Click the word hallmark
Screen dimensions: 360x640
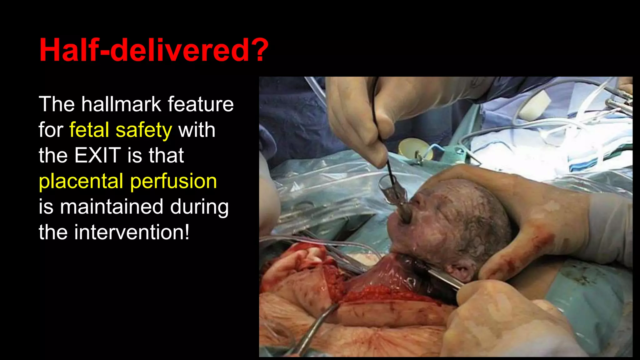121,104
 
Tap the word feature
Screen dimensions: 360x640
200,104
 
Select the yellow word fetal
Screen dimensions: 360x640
89,130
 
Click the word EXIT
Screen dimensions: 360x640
97,155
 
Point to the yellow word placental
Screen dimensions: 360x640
81,181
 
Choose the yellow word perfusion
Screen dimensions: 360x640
173,181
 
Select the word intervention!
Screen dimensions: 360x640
132,232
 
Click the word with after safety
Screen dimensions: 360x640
197,130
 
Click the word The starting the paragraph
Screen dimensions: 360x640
57,104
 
